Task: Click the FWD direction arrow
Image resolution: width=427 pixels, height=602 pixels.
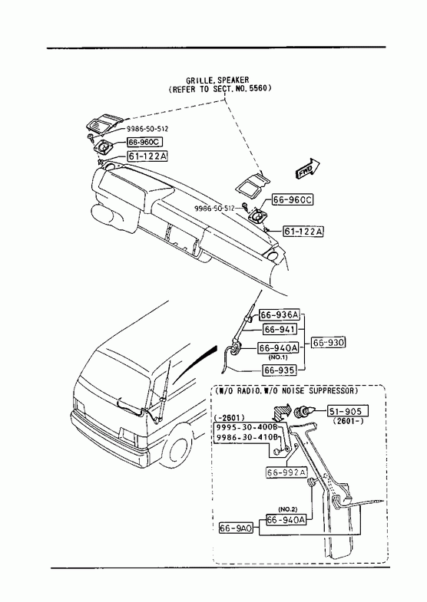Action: coord(308,169)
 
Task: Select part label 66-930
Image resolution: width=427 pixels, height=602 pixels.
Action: coord(328,342)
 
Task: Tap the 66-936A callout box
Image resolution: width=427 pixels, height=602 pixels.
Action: coord(279,315)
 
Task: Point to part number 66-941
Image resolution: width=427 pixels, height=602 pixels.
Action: coord(280,330)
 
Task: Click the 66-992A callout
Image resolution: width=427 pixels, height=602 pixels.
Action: coord(286,472)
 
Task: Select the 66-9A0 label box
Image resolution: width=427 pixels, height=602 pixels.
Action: coord(236,528)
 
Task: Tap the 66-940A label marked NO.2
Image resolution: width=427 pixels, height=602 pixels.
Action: coord(286,519)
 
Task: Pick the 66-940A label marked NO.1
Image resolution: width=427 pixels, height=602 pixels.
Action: coord(278,348)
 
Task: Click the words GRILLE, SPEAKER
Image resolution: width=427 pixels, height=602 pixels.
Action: coord(217,81)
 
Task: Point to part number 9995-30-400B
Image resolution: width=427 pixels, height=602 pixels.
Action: coord(247,427)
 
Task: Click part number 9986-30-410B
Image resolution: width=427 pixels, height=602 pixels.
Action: coord(247,437)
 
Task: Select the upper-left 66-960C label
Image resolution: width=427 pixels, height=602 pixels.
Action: coord(145,142)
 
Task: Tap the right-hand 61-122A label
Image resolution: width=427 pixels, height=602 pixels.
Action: coord(303,232)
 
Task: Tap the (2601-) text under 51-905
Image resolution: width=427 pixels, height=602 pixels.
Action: coord(348,422)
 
